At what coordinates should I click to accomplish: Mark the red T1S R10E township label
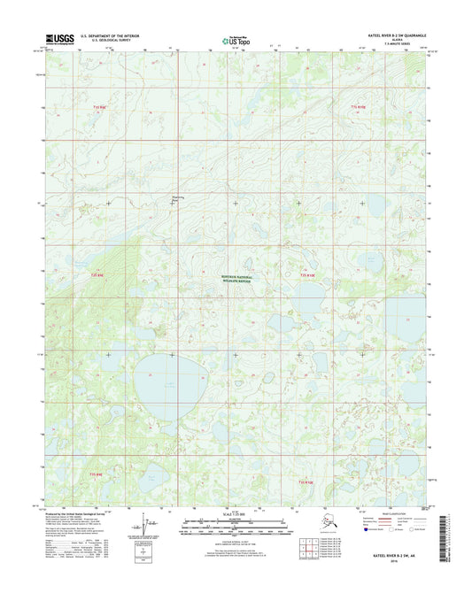point(356,106)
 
